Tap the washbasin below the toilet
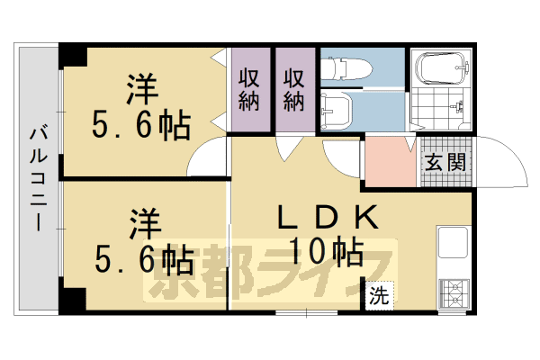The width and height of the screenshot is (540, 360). pos(336,109)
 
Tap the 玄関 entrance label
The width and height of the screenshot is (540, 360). pos(445,164)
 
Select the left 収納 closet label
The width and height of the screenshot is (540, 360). pos(249,89)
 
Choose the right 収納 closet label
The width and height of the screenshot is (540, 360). pos(295,89)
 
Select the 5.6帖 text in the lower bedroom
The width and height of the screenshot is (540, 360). pos(144,261)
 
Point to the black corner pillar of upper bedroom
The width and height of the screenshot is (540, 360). pos(71,55)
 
